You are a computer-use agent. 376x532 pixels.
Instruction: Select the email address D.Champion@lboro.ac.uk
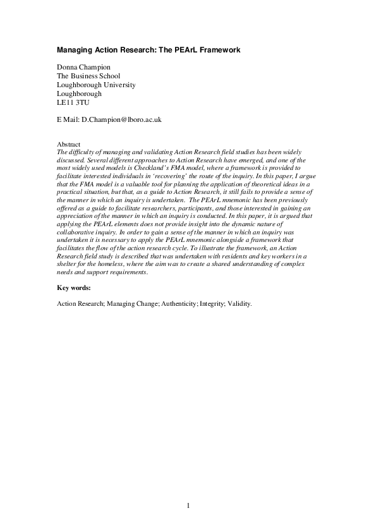tap(122, 119)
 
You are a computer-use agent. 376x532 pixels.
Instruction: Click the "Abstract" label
tap(68, 145)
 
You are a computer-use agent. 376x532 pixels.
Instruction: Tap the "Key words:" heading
tap(73, 287)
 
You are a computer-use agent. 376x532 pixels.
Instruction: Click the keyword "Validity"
tap(238, 304)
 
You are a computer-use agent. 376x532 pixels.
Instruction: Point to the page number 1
tap(188, 505)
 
